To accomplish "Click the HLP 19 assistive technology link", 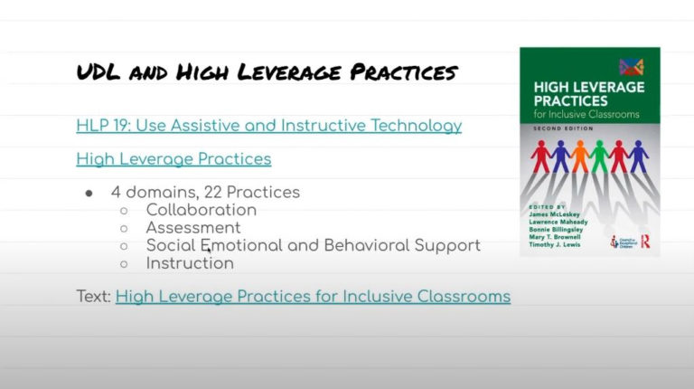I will [268, 126].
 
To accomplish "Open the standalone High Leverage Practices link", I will [173, 159].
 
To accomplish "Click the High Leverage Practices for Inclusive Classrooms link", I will [313, 296].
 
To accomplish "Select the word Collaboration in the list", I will [201, 210].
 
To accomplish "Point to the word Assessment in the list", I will [193, 228].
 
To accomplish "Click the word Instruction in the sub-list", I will [190, 263].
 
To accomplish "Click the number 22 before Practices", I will [214, 192].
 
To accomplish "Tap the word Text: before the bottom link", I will [94, 296].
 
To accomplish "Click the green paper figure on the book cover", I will [597, 157].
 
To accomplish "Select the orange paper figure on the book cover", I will [579, 157].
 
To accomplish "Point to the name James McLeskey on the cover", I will [561, 221].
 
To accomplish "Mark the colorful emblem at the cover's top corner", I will [631, 66].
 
